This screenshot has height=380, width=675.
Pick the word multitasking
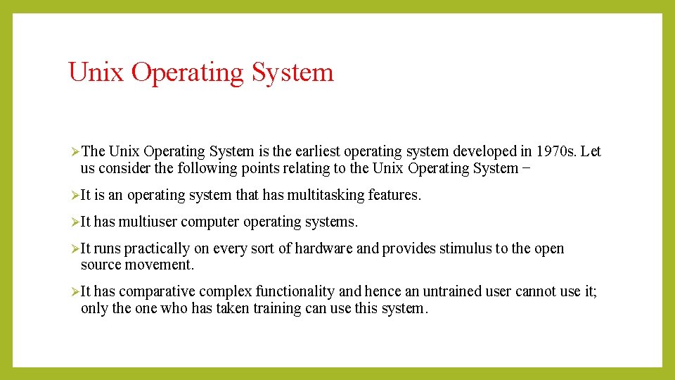pyautogui.click(x=324, y=195)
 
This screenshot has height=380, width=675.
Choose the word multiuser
pyautogui.click(x=148, y=222)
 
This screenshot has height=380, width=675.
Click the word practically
pyautogui.click(x=157, y=249)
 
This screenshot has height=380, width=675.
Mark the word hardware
pyautogui.click(x=323, y=248)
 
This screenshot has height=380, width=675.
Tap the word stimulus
pyautogui.click(x=463, y=248)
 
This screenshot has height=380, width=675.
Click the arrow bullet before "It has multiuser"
pyautogui.click(x=75, y=222)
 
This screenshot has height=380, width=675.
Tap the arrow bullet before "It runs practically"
pyautogui.click(x=75, y=249)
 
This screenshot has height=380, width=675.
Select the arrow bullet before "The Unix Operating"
pyautogui.click(x=75, y=152)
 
